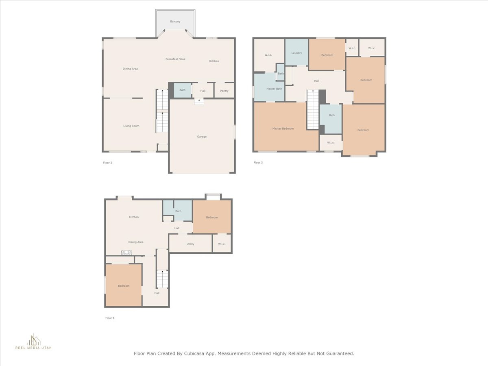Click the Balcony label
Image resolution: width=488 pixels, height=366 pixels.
click(x=175, y=22)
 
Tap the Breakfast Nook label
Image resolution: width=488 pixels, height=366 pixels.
click(x=175, y=59)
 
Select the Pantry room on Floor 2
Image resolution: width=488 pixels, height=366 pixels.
click(x=224, y=90)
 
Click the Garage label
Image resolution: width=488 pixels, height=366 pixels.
click(x=202, y=137)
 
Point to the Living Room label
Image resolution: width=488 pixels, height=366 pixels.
click(x=131, y=126)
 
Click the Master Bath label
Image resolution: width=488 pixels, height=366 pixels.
click(x=274, y=89)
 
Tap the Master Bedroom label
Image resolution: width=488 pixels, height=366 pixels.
click(x=283, y=129)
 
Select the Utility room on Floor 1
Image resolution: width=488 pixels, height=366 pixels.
click(x=190, y=243)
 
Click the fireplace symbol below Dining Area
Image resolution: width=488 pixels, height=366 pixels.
click(x=126, y=253)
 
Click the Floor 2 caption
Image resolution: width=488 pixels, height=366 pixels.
click(x=108, y=163)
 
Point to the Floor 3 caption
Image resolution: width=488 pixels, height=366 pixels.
click(x=258, y=163)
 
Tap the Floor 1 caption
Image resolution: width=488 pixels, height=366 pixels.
click(x=110, y=318)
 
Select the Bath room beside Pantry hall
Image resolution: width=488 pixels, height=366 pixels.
click(x=182, y=90)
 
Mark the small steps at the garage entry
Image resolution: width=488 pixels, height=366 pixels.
click(x=199, y=102)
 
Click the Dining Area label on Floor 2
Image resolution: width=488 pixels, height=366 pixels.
click(x=130, y=69)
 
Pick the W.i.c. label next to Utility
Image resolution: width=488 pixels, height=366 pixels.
click(x=222, y=244)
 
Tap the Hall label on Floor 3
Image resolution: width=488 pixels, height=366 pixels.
click(x=316, y=81)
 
